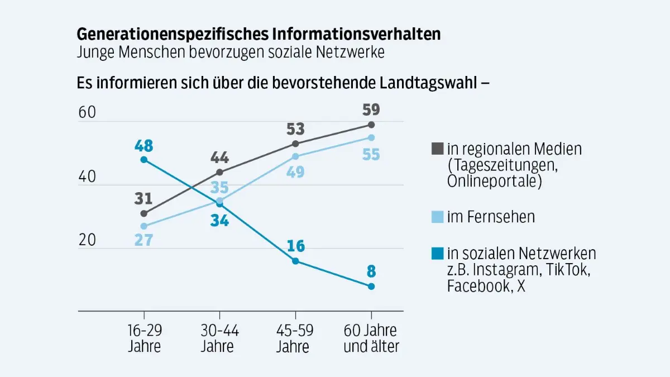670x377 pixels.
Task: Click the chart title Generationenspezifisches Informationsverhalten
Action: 259,34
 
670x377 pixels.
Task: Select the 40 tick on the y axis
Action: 87,177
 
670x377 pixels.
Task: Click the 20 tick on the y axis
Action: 87,240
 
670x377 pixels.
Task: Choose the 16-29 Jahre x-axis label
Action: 144,337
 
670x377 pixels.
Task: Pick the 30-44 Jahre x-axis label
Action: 219,337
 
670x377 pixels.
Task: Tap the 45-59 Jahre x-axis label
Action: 295,337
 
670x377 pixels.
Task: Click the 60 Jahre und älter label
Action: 371,337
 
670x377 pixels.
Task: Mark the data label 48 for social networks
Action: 143,146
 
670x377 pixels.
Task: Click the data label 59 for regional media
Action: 371,108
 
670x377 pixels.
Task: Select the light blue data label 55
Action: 371,154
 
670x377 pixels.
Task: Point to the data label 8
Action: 371,272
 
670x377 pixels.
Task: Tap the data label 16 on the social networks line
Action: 295,246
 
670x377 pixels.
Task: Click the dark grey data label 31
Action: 143,199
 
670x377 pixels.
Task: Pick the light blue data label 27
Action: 143,241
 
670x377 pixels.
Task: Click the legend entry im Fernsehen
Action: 490,217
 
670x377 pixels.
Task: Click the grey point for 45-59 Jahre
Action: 295,144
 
